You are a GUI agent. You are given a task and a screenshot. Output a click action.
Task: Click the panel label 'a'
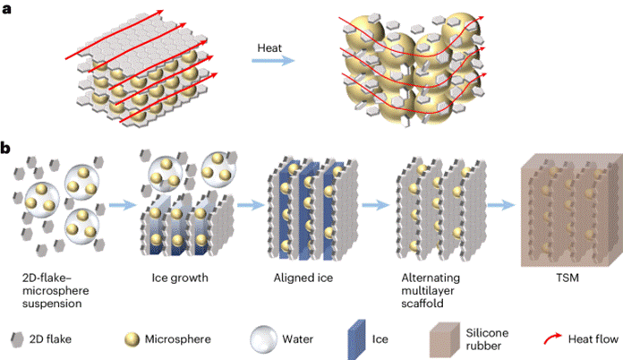click(6, 9)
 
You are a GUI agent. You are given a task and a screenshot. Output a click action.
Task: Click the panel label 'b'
click(5, 148)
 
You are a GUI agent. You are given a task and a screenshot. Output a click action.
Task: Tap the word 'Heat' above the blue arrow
click(269, 48)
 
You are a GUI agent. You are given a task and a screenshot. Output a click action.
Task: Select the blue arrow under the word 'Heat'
click(273, 61)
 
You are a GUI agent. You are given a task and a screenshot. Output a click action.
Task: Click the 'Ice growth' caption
click(180, 278)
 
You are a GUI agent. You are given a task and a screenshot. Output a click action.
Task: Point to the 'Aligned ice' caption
click(303, 278)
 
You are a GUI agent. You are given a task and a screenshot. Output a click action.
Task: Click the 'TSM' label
click(568, 278)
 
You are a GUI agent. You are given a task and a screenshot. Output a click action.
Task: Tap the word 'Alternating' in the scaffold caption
click(431, 278)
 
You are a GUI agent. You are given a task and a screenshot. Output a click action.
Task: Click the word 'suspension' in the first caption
click(52, 304)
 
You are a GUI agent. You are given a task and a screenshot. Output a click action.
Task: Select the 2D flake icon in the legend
click(17, 339)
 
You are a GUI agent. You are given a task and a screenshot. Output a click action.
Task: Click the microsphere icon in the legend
click(132, 339)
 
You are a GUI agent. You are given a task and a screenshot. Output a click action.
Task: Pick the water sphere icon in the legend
click(263, 339)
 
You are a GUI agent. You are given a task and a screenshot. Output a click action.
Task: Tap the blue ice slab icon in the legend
click(357, 339)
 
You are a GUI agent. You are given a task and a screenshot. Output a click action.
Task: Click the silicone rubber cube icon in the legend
click(445, 339)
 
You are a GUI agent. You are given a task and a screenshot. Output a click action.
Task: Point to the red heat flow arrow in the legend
click(552, 339)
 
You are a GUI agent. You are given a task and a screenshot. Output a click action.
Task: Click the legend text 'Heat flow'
click(593, 339)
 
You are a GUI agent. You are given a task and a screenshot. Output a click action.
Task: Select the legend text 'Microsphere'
click(177, 339)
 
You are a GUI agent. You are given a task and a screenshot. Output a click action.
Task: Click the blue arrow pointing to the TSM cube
click(501, 205)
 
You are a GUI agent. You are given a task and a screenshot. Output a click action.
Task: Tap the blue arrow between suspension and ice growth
click(123, 205)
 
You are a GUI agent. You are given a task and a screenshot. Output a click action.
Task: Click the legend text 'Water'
click(297, 339)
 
